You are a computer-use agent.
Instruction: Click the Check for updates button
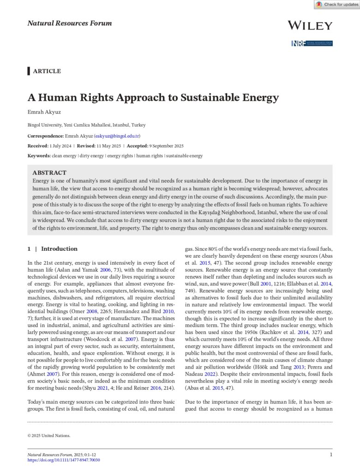336,5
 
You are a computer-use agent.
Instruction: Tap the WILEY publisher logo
309,25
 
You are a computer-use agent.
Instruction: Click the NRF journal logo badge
312,43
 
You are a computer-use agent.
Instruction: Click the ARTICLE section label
47,71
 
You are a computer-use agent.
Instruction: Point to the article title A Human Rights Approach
153,97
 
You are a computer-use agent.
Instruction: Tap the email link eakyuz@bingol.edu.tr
117,136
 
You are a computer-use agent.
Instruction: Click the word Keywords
39,156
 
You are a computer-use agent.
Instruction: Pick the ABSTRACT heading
49,172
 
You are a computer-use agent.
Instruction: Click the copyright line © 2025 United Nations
49,435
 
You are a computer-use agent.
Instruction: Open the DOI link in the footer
64,460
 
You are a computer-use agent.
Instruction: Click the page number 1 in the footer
331,455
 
